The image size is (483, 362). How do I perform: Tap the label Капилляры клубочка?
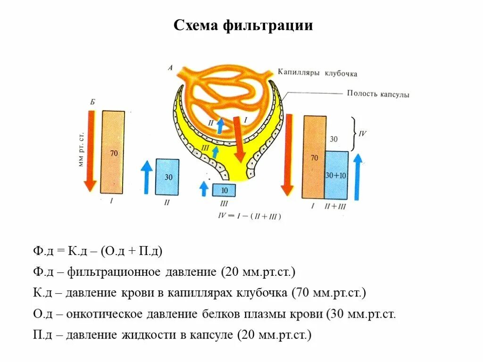pyautogui.click(x=317, y=73)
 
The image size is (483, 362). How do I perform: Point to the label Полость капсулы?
pyautogui.click(x=378, y=94)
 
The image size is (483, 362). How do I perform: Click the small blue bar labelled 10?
pyautogui.click(x=224, y=190)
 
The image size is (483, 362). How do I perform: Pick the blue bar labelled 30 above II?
pyautogui.click(x=167, y=177)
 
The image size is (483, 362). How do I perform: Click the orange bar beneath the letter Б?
pyautogui.click(x=113, y=152)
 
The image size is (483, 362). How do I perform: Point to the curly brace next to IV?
pyautogui.click(x=354, y=134)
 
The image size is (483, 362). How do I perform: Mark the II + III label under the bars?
pyautogui.click(x=336, y=206)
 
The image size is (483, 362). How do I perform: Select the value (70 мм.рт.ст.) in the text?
pyautogui.click(x=328, y=293)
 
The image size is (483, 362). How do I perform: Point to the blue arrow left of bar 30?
pyautogui.click(x=147, y=177)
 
